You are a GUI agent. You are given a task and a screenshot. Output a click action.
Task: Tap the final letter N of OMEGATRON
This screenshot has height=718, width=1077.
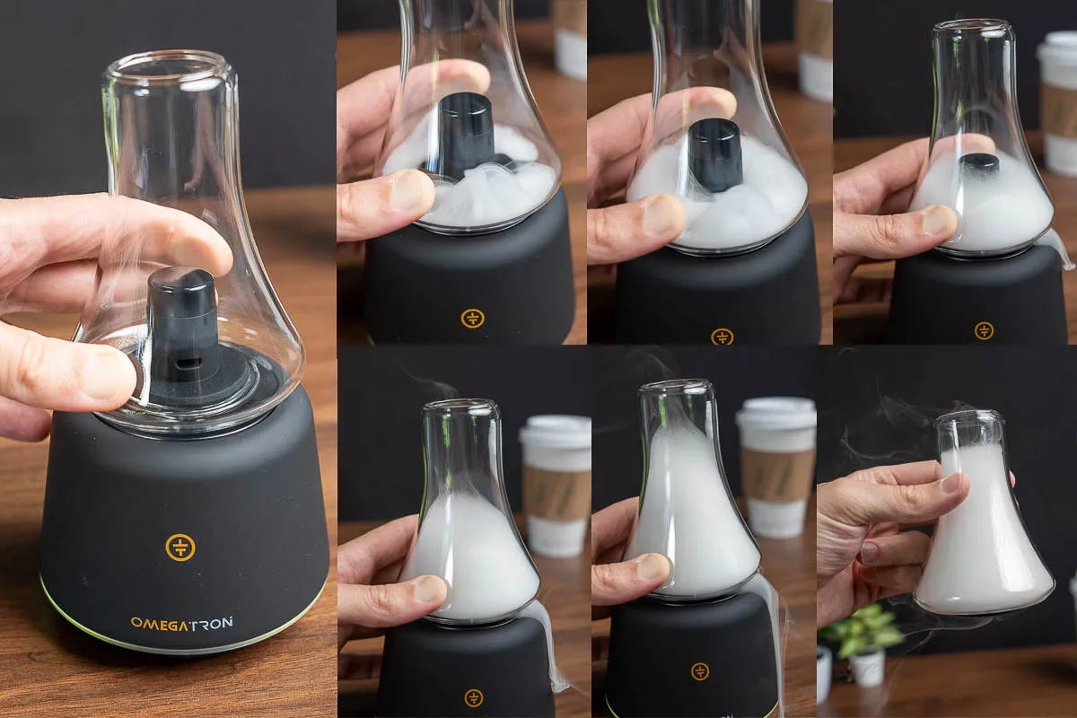[227, 622]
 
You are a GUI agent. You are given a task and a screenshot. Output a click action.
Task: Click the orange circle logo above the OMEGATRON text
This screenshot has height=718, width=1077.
[180, 547]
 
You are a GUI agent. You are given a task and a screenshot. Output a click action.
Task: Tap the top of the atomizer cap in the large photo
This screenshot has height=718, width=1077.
[180, 277]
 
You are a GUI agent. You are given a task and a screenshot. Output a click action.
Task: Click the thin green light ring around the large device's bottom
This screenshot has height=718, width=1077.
[183, 647]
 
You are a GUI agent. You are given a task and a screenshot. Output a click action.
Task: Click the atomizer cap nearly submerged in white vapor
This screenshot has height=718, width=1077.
[979, 164]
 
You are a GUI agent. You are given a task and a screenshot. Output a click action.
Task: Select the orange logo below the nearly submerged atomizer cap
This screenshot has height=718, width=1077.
[984, 330]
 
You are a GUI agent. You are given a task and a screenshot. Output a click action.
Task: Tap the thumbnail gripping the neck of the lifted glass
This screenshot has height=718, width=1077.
[952, 482]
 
